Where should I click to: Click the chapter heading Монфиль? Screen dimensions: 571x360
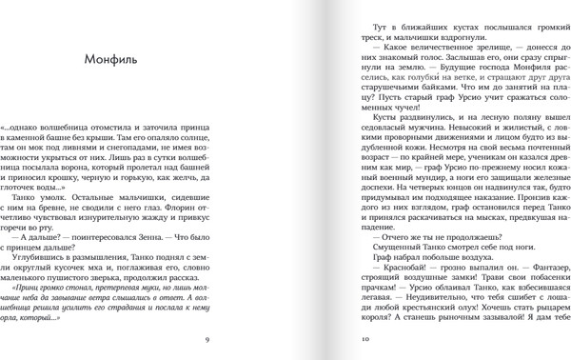(109, 60)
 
